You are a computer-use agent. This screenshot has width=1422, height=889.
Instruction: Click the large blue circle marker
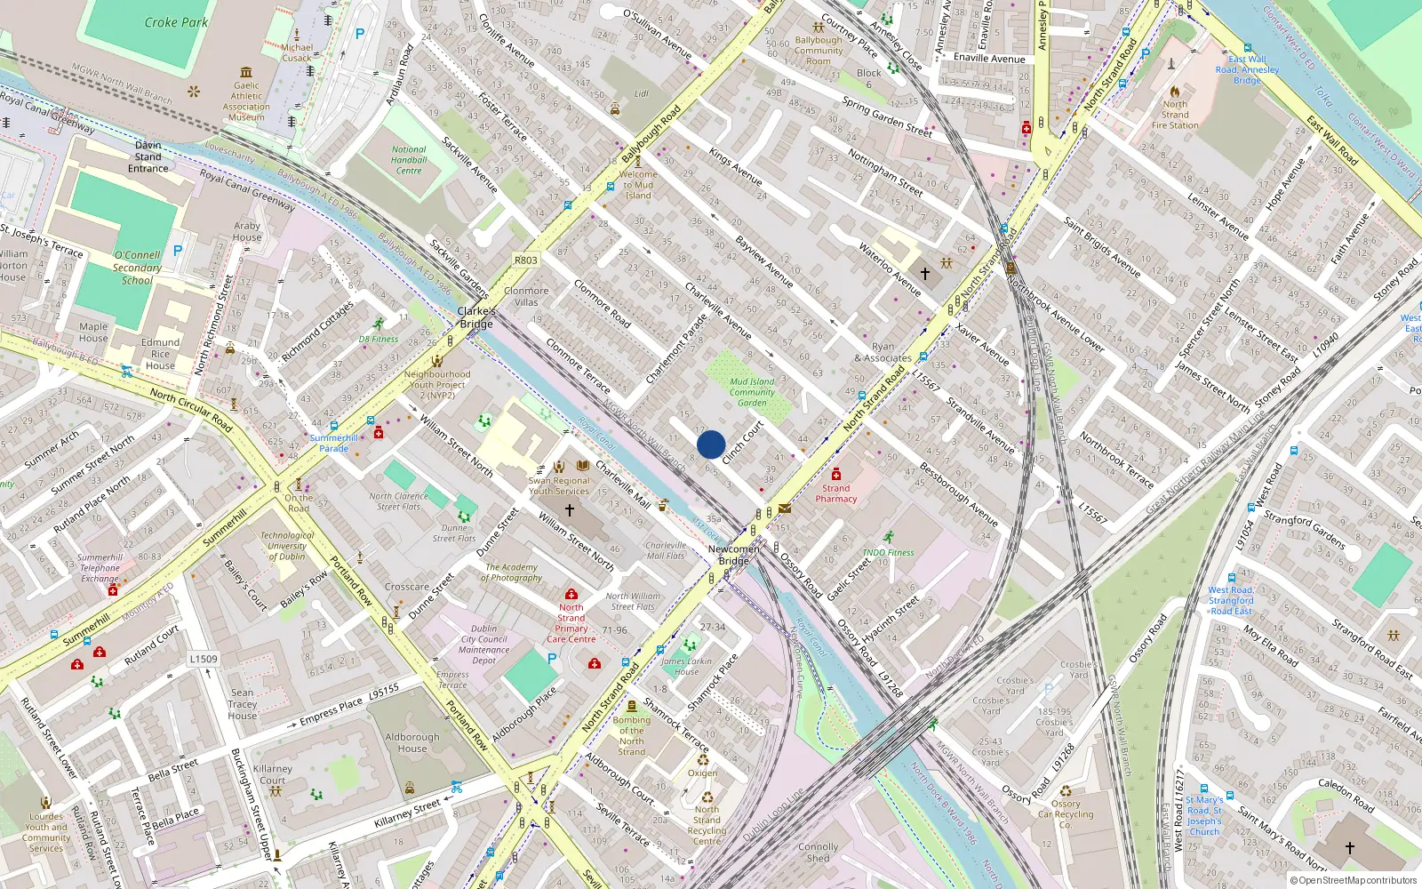pyautogui.click(x=711, y=444)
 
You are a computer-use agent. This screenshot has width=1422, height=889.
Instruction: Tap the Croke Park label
pyautogui.click(x=176, y=22)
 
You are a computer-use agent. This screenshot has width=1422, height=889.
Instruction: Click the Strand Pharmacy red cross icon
pyautogui.click(x=835, y=474)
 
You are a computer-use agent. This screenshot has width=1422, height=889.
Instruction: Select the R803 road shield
pyautogui.click(x=525, y=260)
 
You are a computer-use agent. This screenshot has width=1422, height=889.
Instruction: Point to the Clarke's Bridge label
pyautogui.click(x=476, y=317)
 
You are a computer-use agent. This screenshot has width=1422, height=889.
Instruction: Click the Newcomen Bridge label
pyautogui.click(x=734, y=555)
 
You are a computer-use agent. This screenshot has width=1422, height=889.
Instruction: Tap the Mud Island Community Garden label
pyautogui.click(x=752, y=392)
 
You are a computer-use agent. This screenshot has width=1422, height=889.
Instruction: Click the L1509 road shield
pyautogui.click(x=203, y=659)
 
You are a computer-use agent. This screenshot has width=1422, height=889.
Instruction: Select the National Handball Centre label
pyautogui.click(x=409, y=160)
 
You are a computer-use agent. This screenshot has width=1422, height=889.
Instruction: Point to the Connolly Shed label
pyautogui.click(x=818, y=853)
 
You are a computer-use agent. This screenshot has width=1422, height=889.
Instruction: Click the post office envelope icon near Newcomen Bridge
pyautogui.click(x=785, y=509)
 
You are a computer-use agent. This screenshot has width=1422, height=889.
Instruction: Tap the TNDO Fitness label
pyautogui.click(x=888, y=552)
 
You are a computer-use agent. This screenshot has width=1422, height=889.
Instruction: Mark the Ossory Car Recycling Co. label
pyautogui.click(x=1066, y=814)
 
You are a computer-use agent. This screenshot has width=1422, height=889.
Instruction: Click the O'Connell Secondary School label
pyautogui.click(x=137, y=268)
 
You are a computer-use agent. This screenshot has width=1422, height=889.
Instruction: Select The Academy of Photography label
pyautogui.click(x=511, y=573)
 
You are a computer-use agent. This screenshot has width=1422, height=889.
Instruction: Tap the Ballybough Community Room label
pyautogui.click(x=819, y=51)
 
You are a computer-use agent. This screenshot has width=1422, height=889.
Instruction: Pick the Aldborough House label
pyautogui.click(x=412, y=742)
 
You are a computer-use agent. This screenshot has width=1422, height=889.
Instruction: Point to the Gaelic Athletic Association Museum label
pyautogui.click(x=246, y=101)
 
